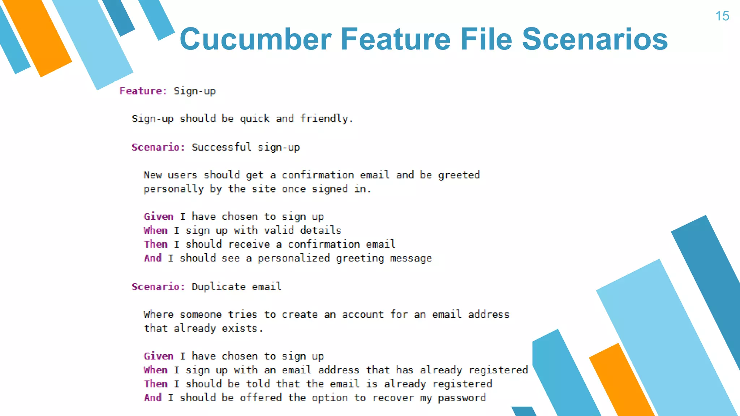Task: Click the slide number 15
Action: point(722,16)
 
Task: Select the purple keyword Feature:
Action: point(143,91)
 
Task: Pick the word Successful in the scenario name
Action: point(221,147)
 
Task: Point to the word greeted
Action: point(459,175)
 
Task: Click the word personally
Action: point(173,189)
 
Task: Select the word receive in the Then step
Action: point(249,244)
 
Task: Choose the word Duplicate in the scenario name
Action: point(218,287)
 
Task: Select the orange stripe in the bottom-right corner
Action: point(621,383)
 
